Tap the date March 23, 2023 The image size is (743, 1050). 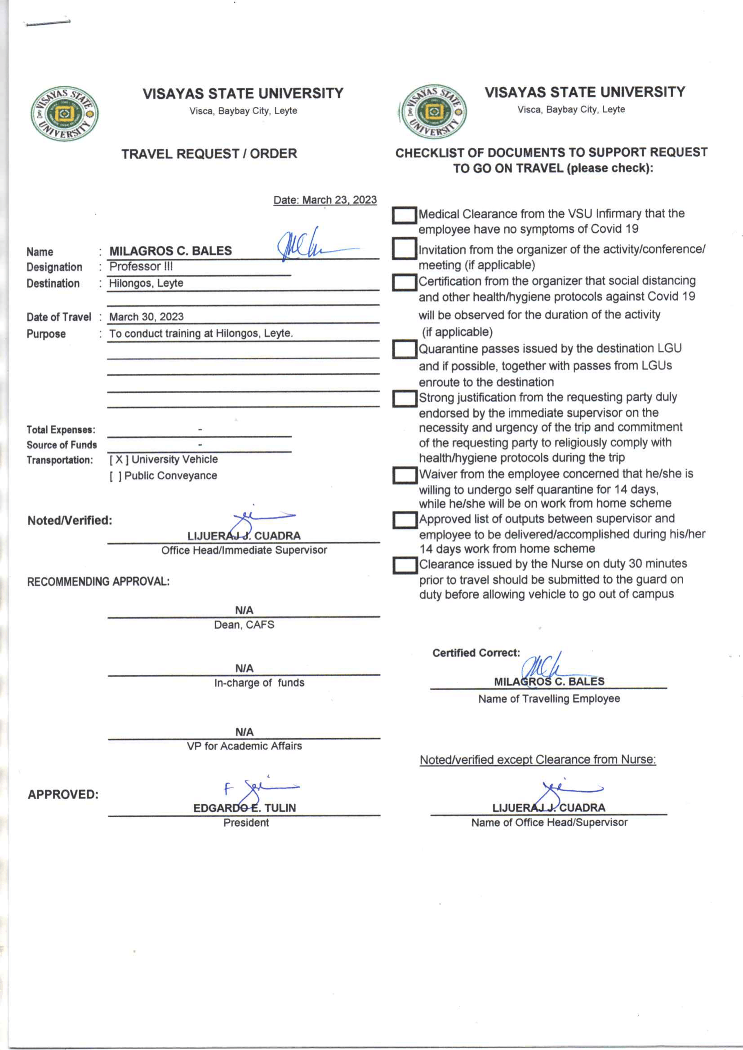325,200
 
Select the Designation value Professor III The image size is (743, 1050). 141,266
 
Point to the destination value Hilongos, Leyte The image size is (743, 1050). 146,283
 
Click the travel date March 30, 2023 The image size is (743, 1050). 147,317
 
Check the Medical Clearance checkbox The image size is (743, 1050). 404,216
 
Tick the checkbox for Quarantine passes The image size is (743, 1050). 404,350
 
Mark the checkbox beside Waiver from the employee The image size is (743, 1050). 404,476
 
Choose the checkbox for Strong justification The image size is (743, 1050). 404,399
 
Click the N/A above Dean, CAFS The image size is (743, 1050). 244,611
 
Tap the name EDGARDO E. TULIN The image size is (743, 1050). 245,808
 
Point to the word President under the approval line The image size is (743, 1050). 246,823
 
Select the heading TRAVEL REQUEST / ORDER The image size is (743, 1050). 209,154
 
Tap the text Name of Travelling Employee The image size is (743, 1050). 548,699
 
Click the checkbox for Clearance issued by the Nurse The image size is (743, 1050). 404,566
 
